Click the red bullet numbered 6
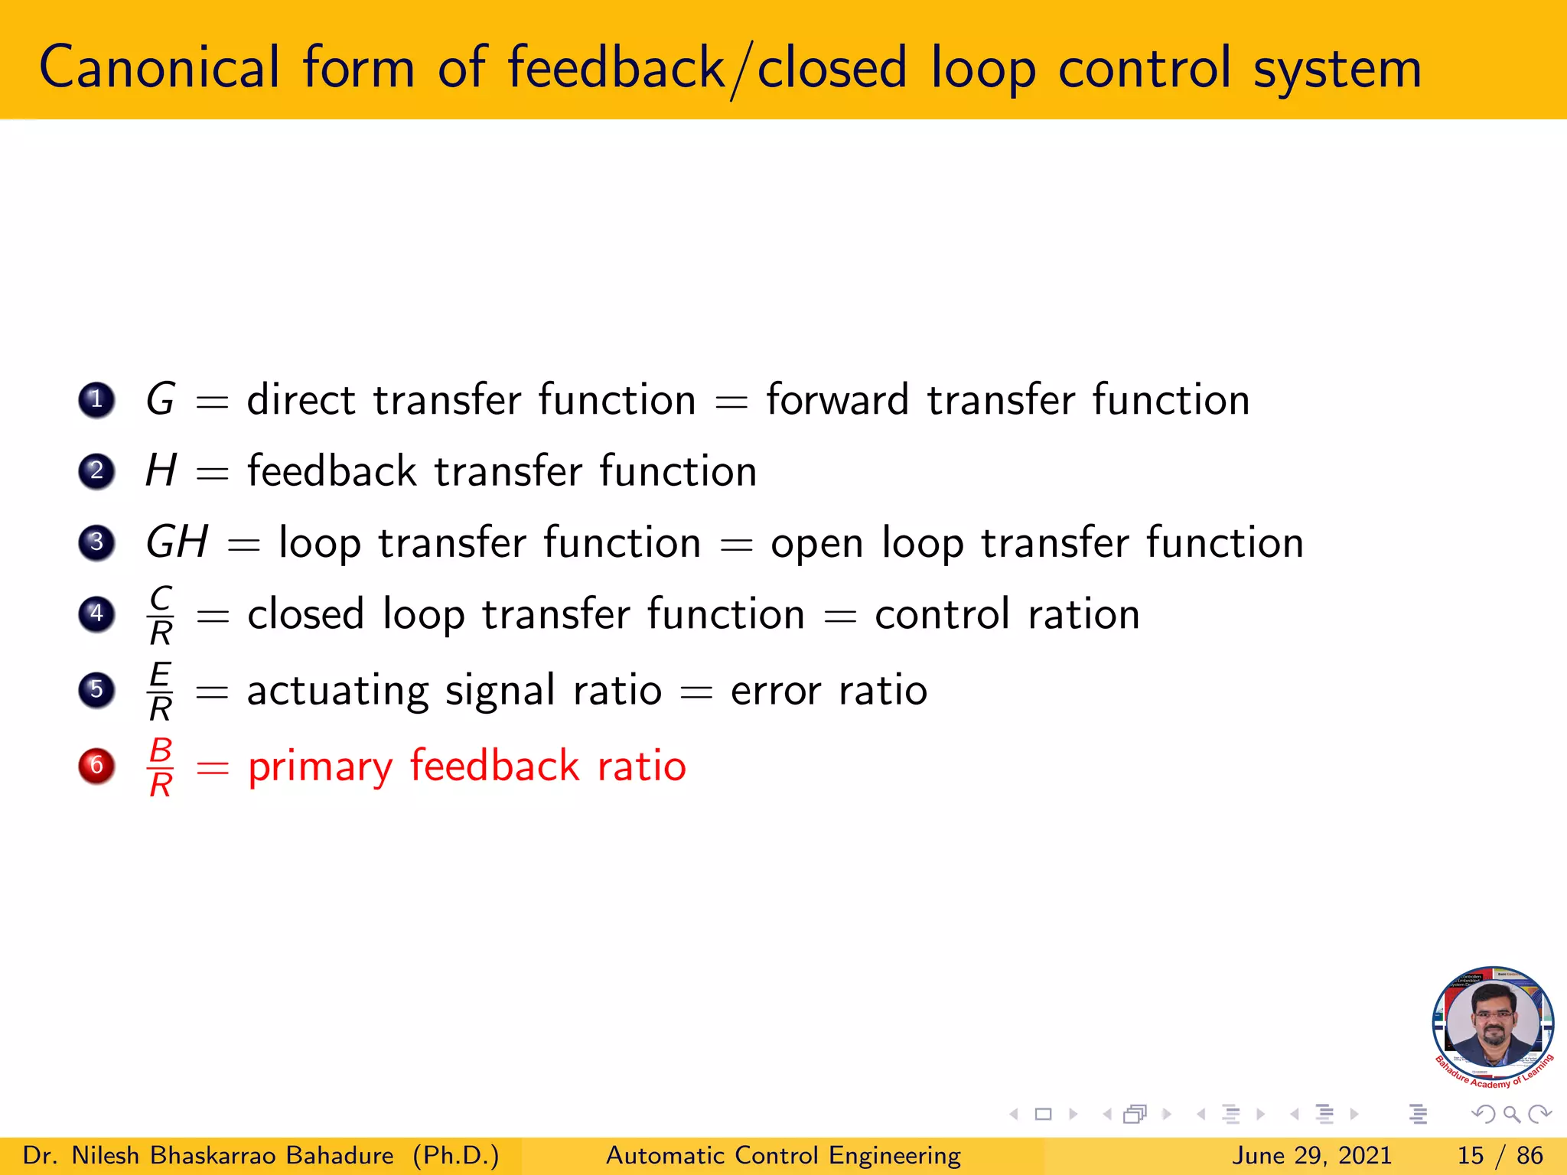point(96,765)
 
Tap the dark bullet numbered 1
point(96,399)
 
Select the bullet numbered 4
point(96,614)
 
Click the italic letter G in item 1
point(161,399)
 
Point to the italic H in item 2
point(161,470)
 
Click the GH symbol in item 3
point(177,542)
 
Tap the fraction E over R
point(161,691)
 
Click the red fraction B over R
point(161,767)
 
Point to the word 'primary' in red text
point(320,767)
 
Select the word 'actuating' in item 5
point(337,691)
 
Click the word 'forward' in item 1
point(837,399)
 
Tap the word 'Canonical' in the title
point(159,67)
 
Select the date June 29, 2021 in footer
point(1311,1155)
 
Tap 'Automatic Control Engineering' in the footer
point(783,1155)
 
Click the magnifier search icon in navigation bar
point(1511,1115)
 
